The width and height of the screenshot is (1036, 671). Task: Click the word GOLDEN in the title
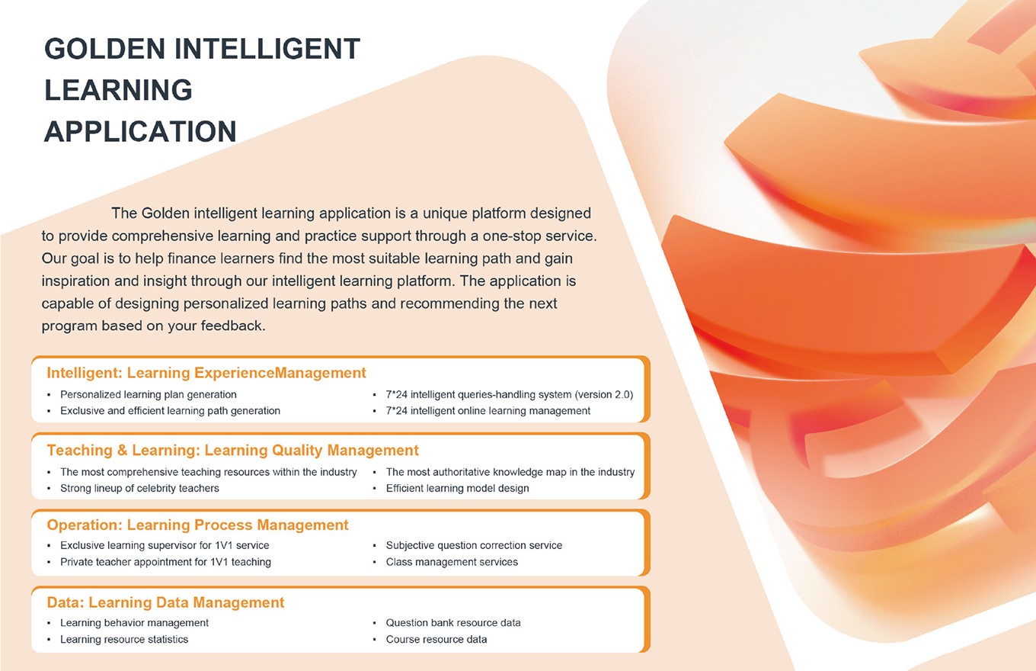coord(104,49)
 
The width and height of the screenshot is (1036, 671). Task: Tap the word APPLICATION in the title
coord(140,131)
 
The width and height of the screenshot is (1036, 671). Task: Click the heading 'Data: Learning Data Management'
coord(165,602)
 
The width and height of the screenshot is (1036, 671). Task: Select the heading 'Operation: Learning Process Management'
coord(197,525)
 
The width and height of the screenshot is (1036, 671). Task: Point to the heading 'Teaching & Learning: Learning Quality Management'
coord(232,450)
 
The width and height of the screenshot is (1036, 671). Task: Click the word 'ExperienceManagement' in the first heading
coord(280,373)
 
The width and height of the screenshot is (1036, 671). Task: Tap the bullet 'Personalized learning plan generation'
coord(149,394)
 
